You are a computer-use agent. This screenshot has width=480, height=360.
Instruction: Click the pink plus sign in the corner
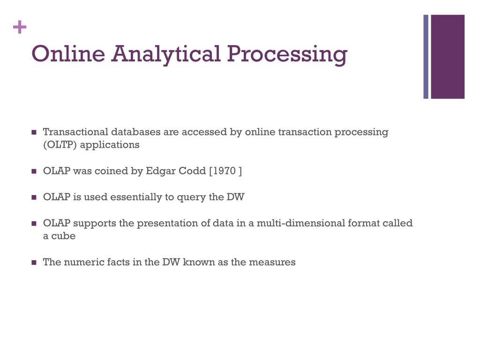click(20, 28)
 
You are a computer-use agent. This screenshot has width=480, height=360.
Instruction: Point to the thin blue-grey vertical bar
click(426, 57)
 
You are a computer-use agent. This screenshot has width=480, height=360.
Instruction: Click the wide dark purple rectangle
click(448, 57)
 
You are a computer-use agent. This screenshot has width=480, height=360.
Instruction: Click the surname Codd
click(192, 171)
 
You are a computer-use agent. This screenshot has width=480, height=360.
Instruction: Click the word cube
click(63, 236)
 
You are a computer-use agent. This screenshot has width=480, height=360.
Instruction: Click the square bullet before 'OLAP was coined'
click(34, 172)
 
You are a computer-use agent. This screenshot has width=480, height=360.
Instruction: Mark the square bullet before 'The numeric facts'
click(34, 263)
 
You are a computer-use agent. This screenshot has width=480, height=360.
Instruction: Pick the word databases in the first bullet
click(135, 132)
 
